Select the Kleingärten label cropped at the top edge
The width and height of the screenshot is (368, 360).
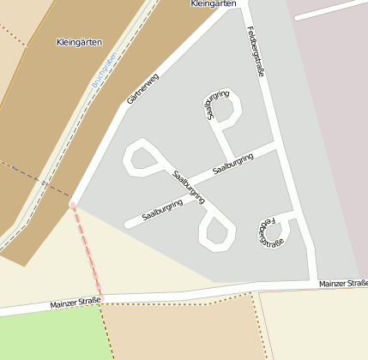click(x=211, y=4)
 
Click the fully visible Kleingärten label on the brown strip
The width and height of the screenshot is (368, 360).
click(x=79, y=42)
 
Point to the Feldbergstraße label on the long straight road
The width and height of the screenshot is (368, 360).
click(x=255, y=51)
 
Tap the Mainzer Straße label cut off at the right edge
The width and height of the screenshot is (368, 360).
click(x=342, y=283)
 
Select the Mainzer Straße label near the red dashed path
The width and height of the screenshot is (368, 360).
click(x=75, y=302)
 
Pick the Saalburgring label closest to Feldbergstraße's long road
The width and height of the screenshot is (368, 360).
click(x=233, y=163)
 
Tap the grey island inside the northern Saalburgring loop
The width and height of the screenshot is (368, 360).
click(x=226, y=109)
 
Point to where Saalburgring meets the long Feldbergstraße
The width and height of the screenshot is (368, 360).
click(x=276, y=148)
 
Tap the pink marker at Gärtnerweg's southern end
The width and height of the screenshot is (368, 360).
click(x=73, y=205)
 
